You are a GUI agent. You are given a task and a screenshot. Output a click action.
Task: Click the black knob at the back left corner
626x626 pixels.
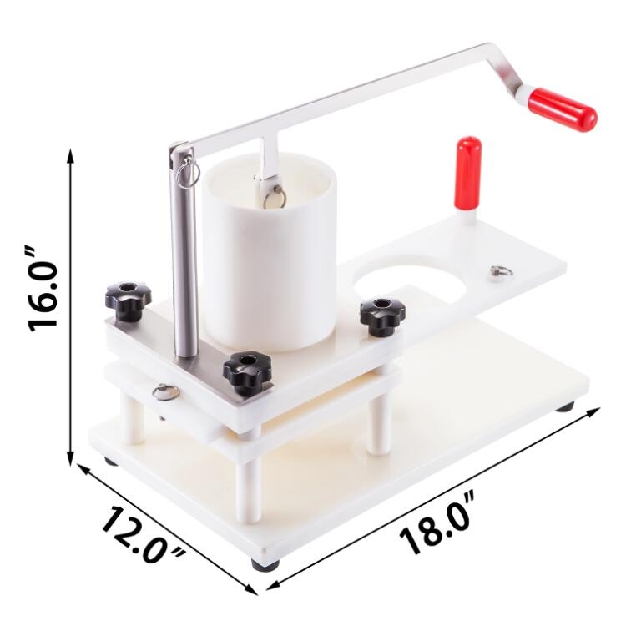coord(129,300)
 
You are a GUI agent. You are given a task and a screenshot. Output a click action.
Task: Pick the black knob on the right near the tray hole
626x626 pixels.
coord(382,316)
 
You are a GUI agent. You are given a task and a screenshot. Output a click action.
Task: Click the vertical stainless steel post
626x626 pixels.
coord(184,252)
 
